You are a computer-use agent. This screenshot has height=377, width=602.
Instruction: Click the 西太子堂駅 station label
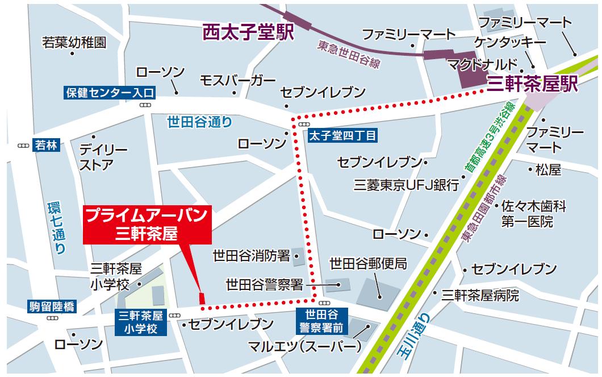248,32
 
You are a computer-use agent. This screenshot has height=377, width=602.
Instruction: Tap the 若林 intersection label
46,145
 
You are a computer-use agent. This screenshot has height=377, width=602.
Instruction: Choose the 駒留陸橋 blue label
51,308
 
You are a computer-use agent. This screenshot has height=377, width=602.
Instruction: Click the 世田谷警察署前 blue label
321,320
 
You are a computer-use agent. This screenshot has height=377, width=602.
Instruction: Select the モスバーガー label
237,81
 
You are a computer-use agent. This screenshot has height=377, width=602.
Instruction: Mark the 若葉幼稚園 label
74,42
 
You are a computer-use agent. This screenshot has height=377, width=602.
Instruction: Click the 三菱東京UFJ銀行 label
406,185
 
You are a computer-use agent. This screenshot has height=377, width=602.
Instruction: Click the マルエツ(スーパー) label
304,346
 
